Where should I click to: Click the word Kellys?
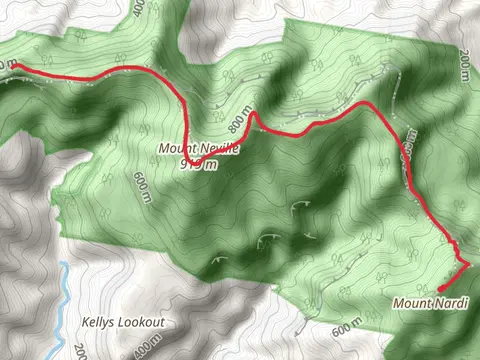tap(97, 324)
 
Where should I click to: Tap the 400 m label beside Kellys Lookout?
tap(147, 349)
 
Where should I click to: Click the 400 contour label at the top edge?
tap(138, 7)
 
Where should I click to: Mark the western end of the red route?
tap(12, 66)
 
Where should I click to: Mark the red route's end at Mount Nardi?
tap(440, 289)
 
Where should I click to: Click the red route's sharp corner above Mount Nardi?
tap(467, 263)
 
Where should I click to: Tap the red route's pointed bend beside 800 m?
tap(252, 112)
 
